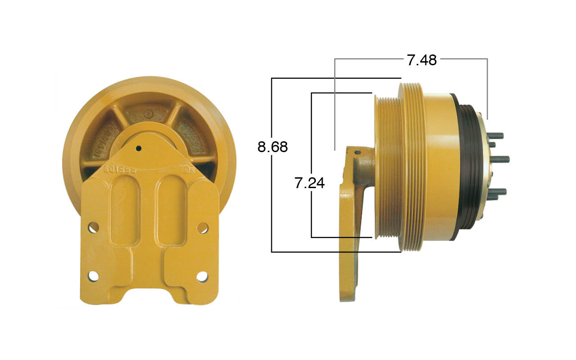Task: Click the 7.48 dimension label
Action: tap(422, 60)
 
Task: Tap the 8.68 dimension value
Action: tap(272, 147)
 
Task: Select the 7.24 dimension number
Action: tap(309, 183)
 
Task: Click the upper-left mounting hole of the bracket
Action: tap(93, 227)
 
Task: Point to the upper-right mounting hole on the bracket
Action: tap(202, 228)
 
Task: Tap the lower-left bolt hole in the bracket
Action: tap(93, 276)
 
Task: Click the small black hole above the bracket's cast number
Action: tap(139, 148)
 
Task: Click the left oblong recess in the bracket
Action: tap(122, 209)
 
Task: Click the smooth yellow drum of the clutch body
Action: tap(436, 166)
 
